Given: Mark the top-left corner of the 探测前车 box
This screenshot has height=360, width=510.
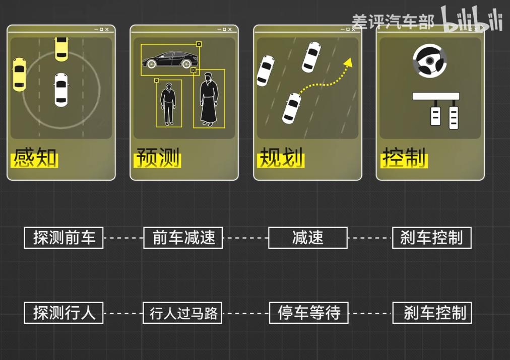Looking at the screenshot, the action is click(24, 228).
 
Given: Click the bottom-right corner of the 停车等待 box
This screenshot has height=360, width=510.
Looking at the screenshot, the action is click(348, 323).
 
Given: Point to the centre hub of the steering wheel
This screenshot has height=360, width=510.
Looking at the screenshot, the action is click(430, 61).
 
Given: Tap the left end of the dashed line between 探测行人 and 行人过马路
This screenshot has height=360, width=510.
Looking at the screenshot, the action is click(104, 313).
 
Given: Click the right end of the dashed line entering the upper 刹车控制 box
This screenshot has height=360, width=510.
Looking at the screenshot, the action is click(392, 238).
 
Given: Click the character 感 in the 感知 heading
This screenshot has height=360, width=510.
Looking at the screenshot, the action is click(24, 158).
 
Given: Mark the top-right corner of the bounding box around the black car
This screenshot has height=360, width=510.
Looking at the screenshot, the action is click(199, 44).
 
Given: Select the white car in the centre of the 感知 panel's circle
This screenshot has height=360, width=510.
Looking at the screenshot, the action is click(61, 90).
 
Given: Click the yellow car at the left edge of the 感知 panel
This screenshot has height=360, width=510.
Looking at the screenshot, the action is click(19, 75).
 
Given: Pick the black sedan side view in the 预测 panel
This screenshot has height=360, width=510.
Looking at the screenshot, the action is click(170, 59).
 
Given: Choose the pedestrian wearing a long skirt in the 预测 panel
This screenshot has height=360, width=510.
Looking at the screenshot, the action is click(208, 99).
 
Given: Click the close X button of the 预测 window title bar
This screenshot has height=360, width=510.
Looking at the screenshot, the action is click(230, 29).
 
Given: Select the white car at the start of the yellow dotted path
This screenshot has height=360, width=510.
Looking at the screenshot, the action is click(291, 108).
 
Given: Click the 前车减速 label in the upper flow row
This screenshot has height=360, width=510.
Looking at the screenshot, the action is click(183, 238).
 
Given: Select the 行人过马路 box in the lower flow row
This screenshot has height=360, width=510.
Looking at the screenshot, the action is click(182, 313).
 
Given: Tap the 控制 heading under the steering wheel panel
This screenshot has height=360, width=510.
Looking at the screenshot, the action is click(404, 158).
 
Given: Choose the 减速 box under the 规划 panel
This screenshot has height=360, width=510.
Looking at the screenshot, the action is click(308, 238).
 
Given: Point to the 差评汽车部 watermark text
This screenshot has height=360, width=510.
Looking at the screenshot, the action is click(393, 22).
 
